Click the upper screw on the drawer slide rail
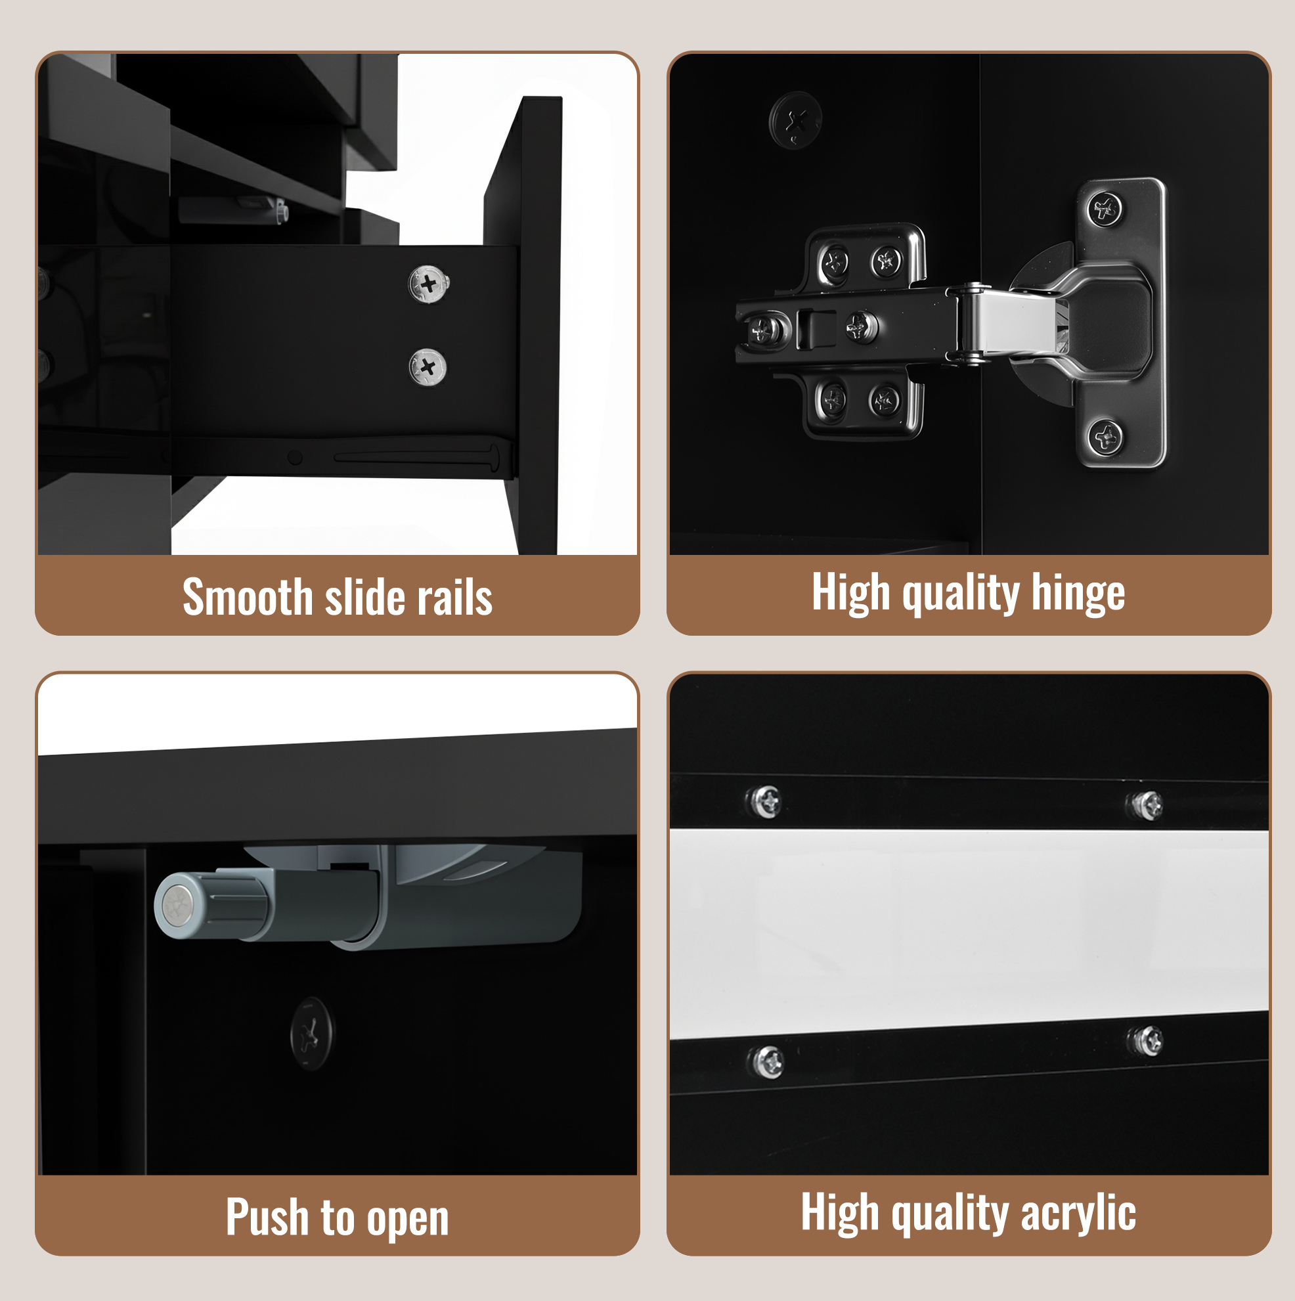coord(429,284)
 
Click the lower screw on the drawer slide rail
coord(428,367)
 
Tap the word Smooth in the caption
coord(247,597)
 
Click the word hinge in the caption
coord(1078,593)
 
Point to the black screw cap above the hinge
coord(795,121)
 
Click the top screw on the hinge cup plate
coord(1105,209)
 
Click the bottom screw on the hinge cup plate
coord(1105,437)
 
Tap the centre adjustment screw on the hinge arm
coord(860,327)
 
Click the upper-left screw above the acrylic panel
coord(764,801)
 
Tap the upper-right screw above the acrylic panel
coord(1145,805)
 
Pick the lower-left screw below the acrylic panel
coord(767,1062)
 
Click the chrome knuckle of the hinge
coord(969,323)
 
